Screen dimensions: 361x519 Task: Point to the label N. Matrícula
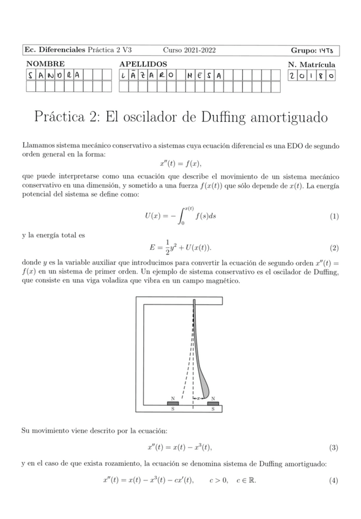pyautogui.click(x=311, y=64)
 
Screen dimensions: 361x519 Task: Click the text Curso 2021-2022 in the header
pyautogui.click(x=189, y=50)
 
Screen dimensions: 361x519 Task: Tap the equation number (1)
pyautogui.click(x=334, y=217)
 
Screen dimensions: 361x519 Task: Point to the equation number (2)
pyautogui.click(x=334, y=248)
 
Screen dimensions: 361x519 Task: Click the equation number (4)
pyautogui.click(x=334, y=480)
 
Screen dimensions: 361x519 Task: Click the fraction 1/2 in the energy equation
pyautogui.click(x=158, y=248)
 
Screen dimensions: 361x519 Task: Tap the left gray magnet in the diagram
pyautogui.click(x=173, y=403)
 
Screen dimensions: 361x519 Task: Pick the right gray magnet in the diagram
pyautogui.click(x=213, y=403)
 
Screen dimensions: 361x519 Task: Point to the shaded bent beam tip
pyautogui.click(x=205, y=386)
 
